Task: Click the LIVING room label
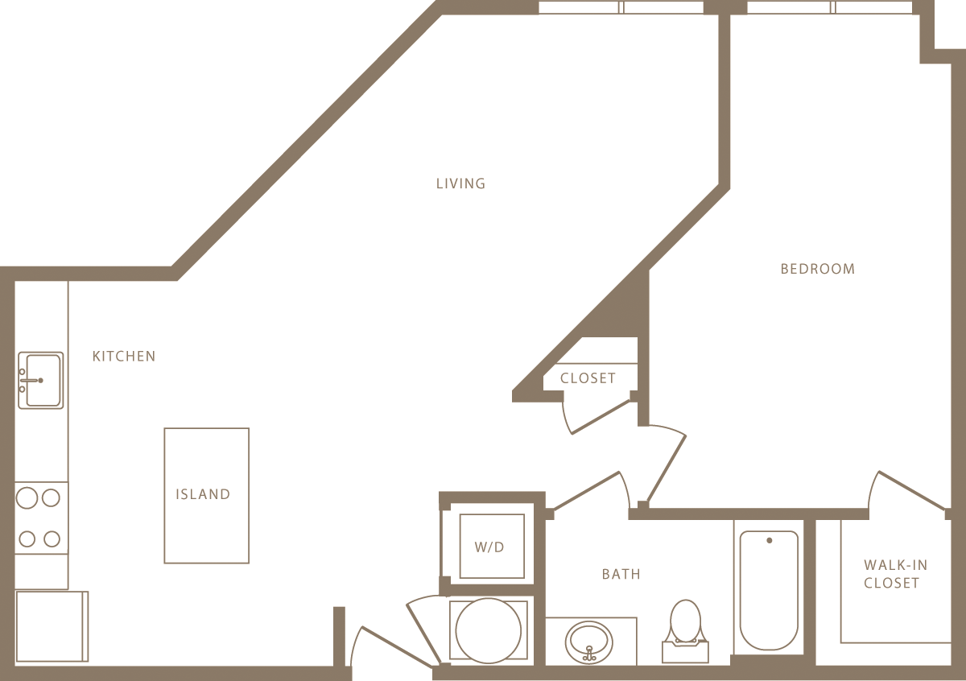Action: point(460,184)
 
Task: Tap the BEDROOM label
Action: point(818,269)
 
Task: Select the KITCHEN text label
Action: point(124,357)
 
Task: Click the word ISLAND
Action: point(203,494)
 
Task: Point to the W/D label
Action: point(489,547)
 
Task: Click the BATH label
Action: point(621,574)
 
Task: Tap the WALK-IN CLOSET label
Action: point(895,574)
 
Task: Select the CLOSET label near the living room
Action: point(588,378)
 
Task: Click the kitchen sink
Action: point(41,381)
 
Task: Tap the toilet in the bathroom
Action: point(685,631)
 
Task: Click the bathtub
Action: point(769,590)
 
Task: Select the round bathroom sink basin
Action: point(588,642)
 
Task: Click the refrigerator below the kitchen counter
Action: point(52,626)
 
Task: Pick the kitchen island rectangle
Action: point(207,496)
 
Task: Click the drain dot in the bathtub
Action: point(770,540)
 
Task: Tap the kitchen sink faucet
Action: point(31,381)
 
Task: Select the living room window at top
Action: point(621,7)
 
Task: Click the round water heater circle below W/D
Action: point(488,630)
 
